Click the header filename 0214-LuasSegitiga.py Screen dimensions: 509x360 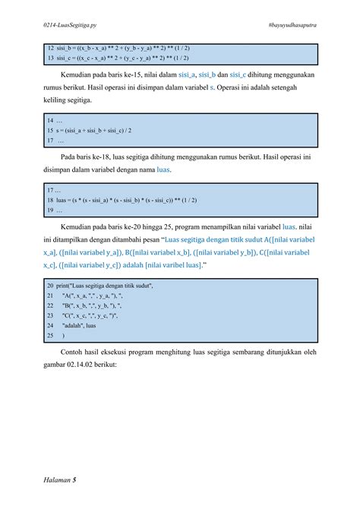click(71, 26)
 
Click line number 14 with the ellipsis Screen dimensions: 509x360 click(55, 120)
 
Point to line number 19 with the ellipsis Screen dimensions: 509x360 click(55, 210)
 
